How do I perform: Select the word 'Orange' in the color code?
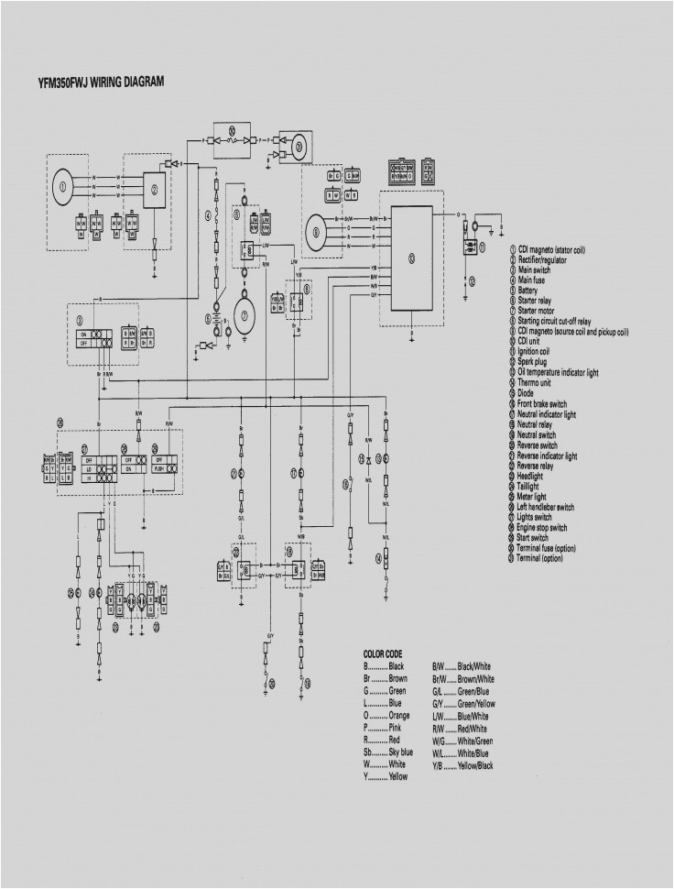click(x=400, y=715)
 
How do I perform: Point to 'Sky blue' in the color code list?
click(x=401, y=752)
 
